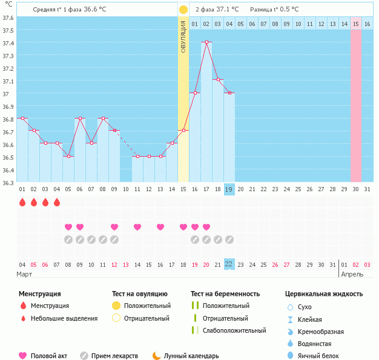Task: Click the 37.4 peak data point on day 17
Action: [x=206, y=42]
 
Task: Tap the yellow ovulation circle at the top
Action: [x=183, y=10]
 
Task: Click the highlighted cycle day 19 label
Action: [x=229, y=189]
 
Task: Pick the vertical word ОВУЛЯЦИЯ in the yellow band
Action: [x=183, y=36]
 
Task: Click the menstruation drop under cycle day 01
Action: [x=22, y=203]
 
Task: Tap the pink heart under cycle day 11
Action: [x=137, y=227]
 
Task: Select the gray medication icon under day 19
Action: [x=229, y=240]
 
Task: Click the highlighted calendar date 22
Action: [x=229, y=264]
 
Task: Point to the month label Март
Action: [x=24, y=274]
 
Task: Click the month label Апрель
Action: [x=352, y=274]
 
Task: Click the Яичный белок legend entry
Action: [x=311, y=356]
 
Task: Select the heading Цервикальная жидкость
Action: [x=324, y=294]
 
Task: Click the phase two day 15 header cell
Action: [x=356, y=24]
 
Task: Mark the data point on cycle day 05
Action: [x=68, y=157]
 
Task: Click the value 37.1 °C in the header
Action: [x=227, y=10]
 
